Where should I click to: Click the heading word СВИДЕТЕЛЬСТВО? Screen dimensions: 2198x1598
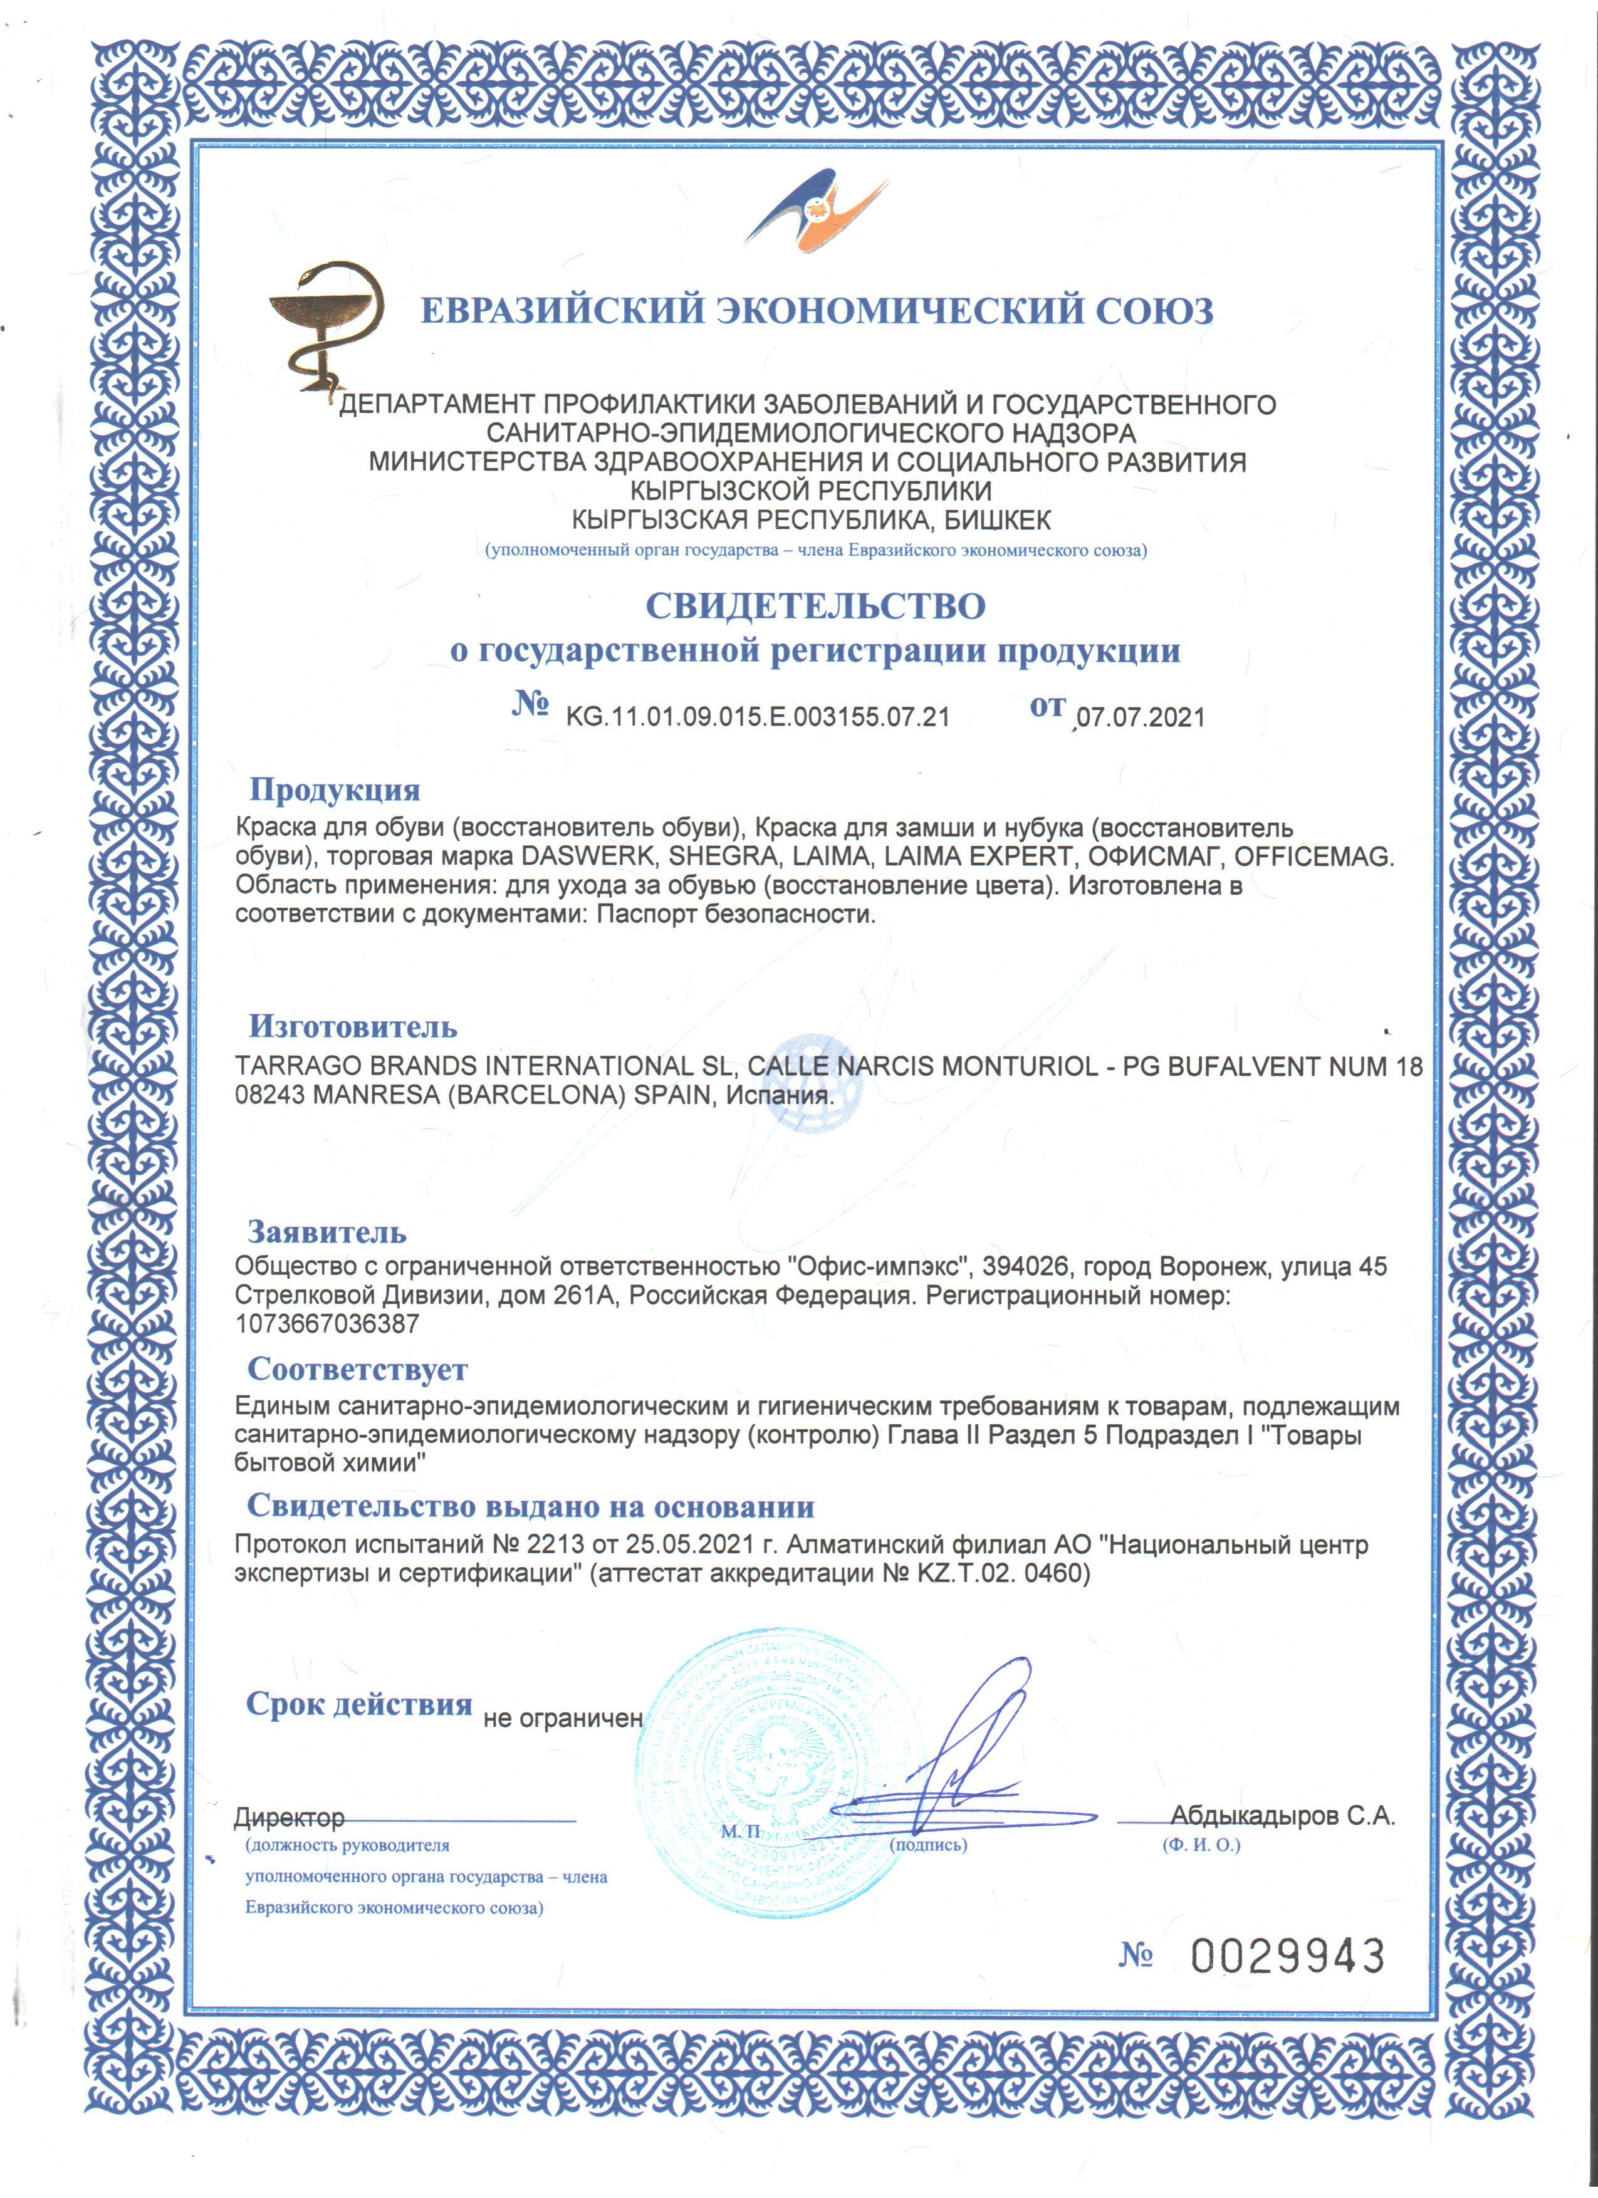(816, 607)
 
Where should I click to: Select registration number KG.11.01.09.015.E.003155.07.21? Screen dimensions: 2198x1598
(757, 717)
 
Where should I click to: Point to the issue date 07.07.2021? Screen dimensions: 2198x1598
(1141, 718)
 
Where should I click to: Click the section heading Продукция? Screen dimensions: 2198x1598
(335, 790)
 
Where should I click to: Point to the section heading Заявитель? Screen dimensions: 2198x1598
(326, 1232)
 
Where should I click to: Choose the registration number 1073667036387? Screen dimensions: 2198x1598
(328, 1324)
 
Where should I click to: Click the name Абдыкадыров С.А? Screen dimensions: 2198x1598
(1282, 1816)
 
